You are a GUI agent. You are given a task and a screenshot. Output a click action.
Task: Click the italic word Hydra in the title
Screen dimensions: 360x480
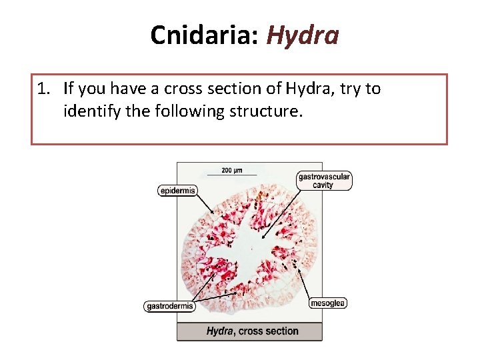click(x=303, y=35)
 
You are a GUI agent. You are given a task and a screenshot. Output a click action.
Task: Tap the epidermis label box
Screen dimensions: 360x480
click(x=177, y=191)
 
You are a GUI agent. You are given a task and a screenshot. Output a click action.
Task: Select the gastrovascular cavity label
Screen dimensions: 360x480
click(x=323, y=181)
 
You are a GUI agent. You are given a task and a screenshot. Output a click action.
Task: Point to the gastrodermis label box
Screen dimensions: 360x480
click(x=169, y=307)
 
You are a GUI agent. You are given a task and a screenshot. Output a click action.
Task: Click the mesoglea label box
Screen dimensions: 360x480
click(x=328, y=303)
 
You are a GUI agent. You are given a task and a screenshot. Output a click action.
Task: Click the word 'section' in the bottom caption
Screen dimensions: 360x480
click(x=281, y=331)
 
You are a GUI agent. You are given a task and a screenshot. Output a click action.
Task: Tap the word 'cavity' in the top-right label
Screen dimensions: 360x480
click(x=323, y=185)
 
